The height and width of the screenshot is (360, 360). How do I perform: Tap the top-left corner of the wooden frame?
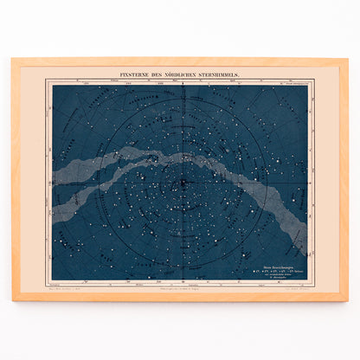tap(13, 60)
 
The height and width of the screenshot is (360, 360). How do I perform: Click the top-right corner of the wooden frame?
tap(348, 60)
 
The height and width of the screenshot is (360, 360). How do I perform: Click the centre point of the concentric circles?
tap(180, 183)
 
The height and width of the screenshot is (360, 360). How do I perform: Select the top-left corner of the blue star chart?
tap(52, 86)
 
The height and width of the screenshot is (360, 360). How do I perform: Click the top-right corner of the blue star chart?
tap(308, 86)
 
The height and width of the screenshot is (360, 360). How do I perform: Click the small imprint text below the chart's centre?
tap(180, 286)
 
